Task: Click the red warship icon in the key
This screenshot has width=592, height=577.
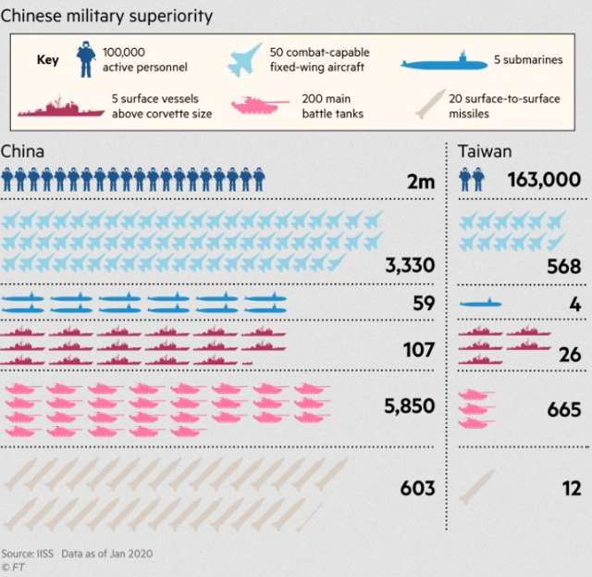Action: [x=61, y=107]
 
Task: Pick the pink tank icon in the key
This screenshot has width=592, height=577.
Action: [x=254, y=106]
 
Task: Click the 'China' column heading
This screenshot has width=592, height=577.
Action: [x=22, y=151]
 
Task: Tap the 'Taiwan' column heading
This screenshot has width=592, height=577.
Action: [x=485, y=151]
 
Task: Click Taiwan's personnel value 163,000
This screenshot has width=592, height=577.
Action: [x=544, y=180]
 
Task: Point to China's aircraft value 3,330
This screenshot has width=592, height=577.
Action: [x=410, y=268]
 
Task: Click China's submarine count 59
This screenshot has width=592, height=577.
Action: [x=423, y=303]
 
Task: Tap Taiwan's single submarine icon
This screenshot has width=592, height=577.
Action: [x=480, y=304]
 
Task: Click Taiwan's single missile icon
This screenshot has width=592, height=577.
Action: [x=476, y=486]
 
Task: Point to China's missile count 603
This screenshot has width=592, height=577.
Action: [x=416, y=487]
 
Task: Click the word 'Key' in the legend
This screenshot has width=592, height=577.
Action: [x=47, y=60]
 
